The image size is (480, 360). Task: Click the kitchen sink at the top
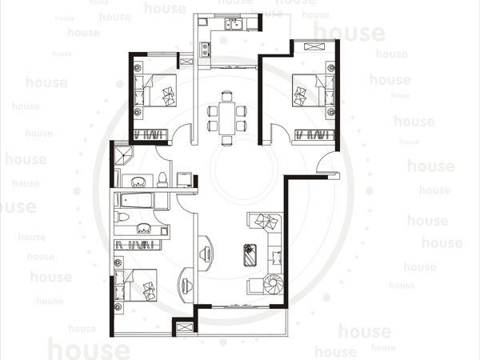click(234, 24)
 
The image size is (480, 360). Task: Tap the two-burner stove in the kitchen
click(205, 50)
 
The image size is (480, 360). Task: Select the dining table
click(226, 118)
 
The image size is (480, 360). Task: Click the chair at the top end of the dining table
click(226, 96)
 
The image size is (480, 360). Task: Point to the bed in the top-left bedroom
click(155, 90)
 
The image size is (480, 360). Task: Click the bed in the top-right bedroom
click(313, 90)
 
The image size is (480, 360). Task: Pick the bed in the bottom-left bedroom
click(136, 286)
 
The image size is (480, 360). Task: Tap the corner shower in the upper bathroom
click(124, 156)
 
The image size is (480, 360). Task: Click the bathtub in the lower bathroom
click(137, 201)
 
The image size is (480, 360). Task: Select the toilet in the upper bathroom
click(162, 180)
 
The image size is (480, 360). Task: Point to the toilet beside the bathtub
click(122, 217)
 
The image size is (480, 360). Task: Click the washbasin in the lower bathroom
click(143, 228)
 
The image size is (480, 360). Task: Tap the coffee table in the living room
click(250, 255)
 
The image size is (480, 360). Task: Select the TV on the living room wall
click(205, 254)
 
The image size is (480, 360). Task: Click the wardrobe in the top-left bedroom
click(151, 134)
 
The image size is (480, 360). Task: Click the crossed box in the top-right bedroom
click(314, 47)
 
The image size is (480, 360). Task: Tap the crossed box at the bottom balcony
click(185, 327)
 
